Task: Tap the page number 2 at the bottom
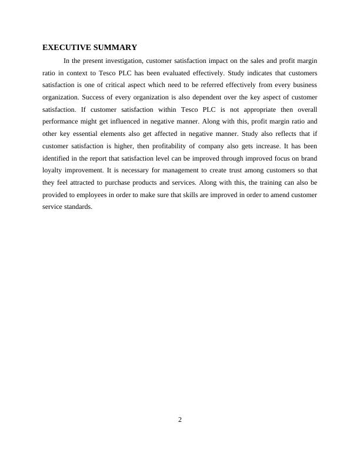click(x=180, y=420)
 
